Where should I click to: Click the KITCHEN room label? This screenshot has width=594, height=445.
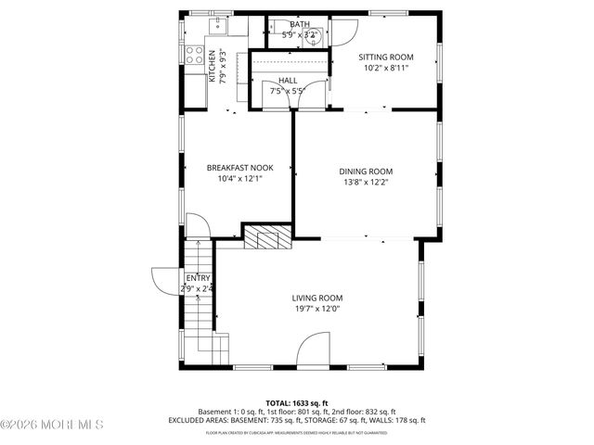[212, 67]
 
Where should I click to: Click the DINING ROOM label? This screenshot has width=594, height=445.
[366, 171]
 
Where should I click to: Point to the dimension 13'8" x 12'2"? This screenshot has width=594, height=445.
[366, 182]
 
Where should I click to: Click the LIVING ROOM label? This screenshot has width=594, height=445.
[317, 298]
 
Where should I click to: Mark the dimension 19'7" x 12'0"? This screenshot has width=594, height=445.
[317, 309]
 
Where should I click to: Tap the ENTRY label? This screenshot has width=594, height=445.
[198, 278]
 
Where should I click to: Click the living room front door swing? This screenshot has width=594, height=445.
[313, 352]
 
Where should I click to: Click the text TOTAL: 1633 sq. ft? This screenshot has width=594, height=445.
[297, 402]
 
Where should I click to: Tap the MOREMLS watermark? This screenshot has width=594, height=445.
[52, 425]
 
